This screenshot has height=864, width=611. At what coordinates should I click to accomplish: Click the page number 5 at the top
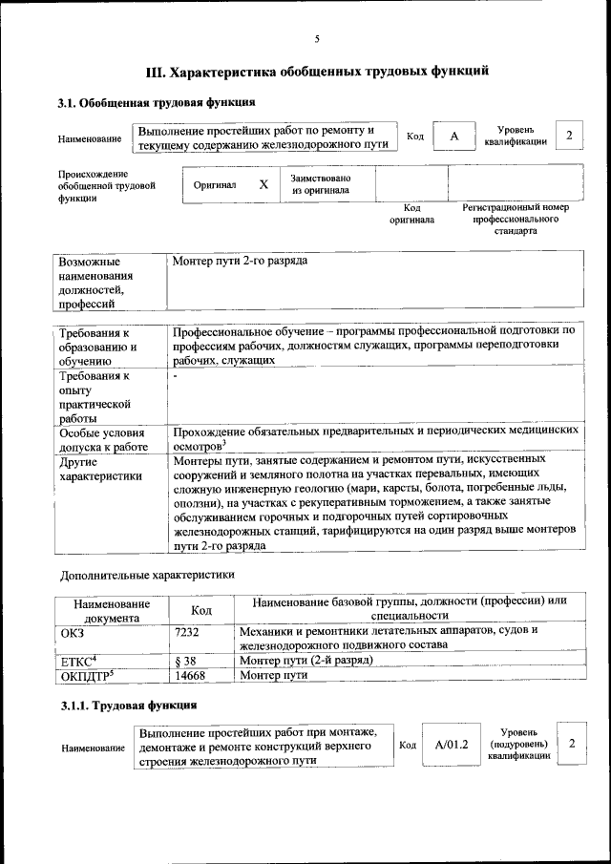click(316, 39)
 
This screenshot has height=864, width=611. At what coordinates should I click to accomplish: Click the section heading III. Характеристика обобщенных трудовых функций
click(317, 71)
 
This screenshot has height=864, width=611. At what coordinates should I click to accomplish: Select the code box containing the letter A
click(454, 137)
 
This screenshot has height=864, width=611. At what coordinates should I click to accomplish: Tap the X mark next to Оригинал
click(263, 184)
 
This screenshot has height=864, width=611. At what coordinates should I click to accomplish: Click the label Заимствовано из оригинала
click(320, 184)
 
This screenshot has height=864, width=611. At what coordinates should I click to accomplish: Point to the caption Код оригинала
click(411, 213)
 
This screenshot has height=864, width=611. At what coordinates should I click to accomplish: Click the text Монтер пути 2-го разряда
click(240, 261)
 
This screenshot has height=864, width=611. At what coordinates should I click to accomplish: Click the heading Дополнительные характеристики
click(147, 575)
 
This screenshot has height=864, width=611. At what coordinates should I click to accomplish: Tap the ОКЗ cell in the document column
click(74, 631)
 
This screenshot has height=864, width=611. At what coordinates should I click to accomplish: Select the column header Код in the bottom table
click(201, 609)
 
